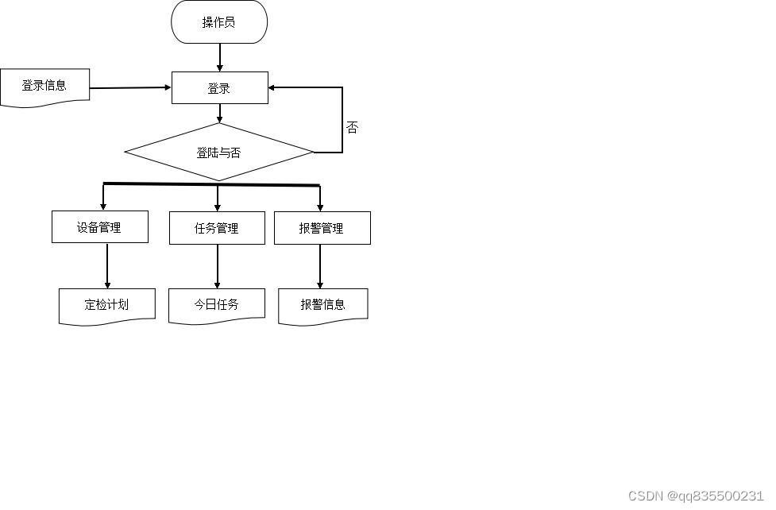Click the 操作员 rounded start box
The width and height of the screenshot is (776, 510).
tap(219, 22)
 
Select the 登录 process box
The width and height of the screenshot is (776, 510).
tap(220, 88)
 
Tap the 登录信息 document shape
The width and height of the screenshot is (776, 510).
tap(44, 87)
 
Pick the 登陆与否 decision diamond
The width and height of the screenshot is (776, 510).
tap(219, 152)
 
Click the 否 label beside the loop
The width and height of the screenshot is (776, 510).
tap(352, 127)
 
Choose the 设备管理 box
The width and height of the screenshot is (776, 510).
tap(99, 227)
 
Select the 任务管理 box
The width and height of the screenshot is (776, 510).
tap(217, 228)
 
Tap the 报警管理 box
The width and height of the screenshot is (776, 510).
tap(322, 228)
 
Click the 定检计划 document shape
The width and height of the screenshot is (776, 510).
tap(106, 305)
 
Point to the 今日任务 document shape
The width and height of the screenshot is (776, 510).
tap(217, 305)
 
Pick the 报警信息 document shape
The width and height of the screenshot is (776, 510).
tap(322, 305)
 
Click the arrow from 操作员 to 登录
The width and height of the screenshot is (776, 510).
tap(220, 57)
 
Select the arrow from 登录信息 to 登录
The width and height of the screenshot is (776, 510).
tap(131, 87)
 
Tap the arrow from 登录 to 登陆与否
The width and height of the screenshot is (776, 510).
tap(220, 113)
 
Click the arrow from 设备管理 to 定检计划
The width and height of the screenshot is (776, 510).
tap(107, 266)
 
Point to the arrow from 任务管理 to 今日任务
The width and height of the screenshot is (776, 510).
tap(217, 266)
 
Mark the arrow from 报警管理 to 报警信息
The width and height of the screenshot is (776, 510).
tap(321, 266)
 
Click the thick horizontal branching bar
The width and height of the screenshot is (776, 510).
tap(211, 185)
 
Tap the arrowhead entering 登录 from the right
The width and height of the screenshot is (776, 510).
tap(274, 87)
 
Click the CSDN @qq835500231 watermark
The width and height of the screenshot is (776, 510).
tap(696, 496)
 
